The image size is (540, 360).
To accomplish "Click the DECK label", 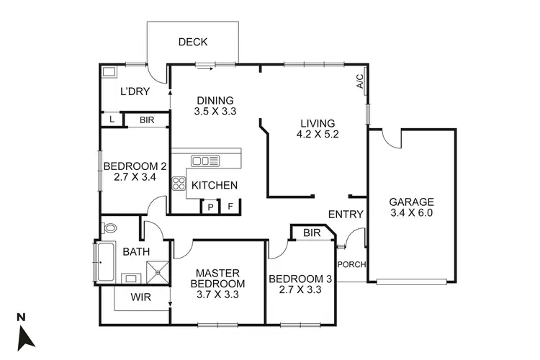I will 193,42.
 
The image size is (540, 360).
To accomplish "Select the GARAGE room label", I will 411,202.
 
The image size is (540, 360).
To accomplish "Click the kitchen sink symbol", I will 205,161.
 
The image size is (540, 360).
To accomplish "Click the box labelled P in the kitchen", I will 210,207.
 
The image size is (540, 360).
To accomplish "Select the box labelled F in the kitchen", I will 230,207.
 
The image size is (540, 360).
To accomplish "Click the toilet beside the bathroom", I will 109,228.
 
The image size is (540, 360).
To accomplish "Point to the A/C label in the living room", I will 360,81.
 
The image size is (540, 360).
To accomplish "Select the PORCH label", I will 352,264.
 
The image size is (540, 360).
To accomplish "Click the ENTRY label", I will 346,215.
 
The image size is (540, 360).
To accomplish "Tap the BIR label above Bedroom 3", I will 312,233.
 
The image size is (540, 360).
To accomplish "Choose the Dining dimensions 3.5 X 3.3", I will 215,112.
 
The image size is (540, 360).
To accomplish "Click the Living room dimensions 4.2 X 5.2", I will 317,134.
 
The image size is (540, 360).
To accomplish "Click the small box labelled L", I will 112,120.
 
